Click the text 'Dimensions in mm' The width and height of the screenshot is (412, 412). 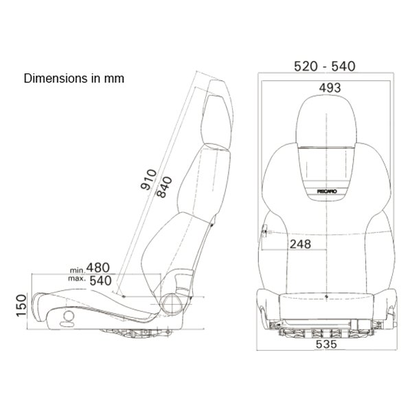point(74,78)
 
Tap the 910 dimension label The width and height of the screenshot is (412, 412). point(149,180)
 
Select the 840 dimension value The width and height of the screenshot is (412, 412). point(164,187)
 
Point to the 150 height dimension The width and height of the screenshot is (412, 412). point(21,306)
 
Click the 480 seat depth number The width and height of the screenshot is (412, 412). point(98,268)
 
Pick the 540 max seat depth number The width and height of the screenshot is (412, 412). point(101,281)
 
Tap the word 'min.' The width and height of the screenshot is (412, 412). point(78,270)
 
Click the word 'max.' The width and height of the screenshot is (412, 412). point(77,278)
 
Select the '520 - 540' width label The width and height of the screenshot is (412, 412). point(325,66)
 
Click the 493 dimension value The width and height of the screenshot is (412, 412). point(330,88)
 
